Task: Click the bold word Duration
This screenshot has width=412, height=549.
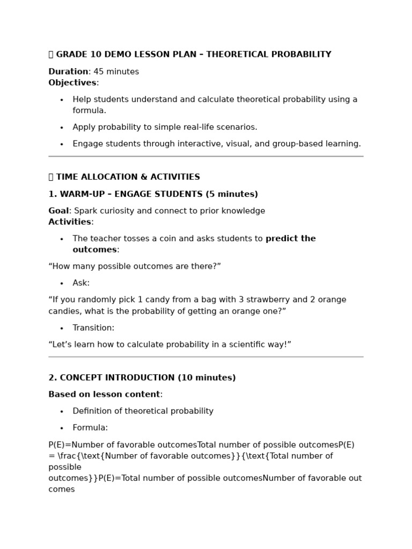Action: pyautogui.click(x=68, y=72)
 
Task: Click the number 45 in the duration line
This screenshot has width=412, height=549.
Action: pyautogui.click(x=99, y=72)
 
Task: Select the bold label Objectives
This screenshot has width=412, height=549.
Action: pyautogui.click(x=72, y=83)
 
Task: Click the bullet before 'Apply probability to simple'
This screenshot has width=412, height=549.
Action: pyautogui.click(x=62, y=128)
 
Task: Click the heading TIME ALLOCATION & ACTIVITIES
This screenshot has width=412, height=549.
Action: pyautogui.click(x=128, y=177)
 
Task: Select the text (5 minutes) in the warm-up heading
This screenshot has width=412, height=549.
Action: pyautogui.click(x=232, y=194)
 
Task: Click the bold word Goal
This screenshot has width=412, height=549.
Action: pyautogui.click(x=58, y=211)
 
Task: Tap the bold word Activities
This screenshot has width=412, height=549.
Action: pyautogui.click(x=70, y=222)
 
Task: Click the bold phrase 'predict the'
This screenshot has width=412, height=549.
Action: pyautogui.click(x=290, y=239)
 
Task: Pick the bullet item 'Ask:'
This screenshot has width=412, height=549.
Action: pyautogui.click(x=81, y=283)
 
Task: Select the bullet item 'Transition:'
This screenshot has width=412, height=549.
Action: pyautogui.click(x=93, y=328)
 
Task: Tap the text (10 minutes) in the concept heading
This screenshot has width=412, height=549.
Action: pyautogui.click(x=207, y=378)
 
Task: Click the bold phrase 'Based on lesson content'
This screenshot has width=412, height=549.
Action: pyautogui.click(x=104, y=395)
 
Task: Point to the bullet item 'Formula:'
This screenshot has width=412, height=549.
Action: pyautogui.click(x=90, y=428)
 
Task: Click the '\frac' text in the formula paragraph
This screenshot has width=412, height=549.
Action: pyautogui.click(x=68, y=456)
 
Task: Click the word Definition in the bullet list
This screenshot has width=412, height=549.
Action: pyautogui.click(x=93, y=411)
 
